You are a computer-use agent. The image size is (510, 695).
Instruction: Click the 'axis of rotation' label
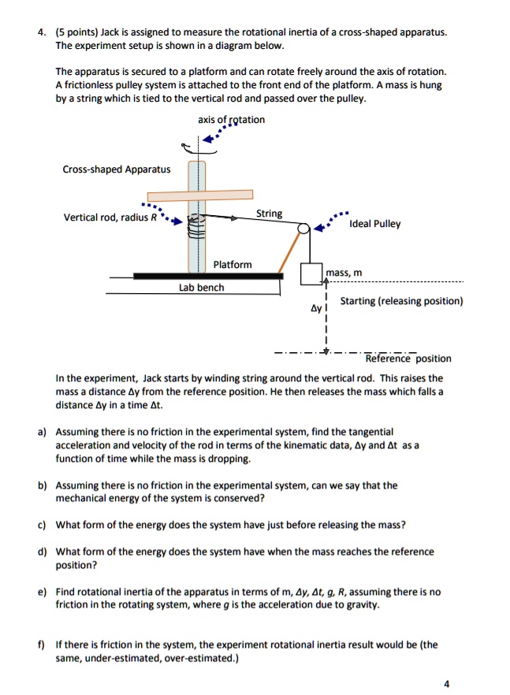coord(232,120)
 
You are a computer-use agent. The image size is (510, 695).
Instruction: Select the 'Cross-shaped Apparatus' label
coord(117,169)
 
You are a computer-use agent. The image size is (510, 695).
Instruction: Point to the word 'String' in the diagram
coord(270,214)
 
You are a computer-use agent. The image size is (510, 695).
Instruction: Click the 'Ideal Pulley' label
coord(376,224)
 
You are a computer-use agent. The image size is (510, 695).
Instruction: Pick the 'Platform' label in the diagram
coord(233,265)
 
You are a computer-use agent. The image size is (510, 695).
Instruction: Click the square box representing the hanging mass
coord(312,273)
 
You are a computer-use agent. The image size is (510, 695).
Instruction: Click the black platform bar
coord(208,276)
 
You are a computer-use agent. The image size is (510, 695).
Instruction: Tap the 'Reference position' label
coord(408,359)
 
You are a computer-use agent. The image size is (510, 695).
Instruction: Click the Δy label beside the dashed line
coord(315,309)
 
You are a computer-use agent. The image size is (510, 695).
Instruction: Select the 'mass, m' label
coord(344,273)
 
